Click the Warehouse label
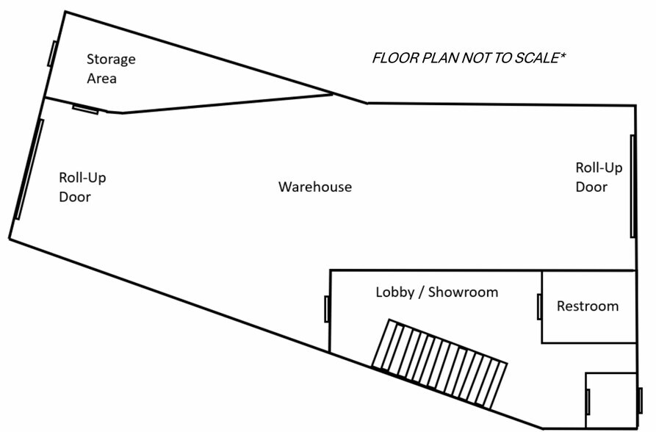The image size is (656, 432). tap(314, 187)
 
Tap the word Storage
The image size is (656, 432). tap(111, 60)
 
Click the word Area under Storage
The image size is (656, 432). tap(101, 78)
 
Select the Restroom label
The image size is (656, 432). tap(588, 306)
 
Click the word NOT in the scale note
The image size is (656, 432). tap(476, 58)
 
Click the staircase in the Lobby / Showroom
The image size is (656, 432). tap(439, 364)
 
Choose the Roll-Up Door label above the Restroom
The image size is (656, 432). tap(598, 177)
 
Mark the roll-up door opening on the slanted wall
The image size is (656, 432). tap(29, 169)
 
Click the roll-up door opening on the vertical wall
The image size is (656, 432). tap(632, 186)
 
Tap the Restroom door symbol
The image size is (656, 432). tap(539, 306)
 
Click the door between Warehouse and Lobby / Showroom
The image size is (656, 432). tap(327, 309)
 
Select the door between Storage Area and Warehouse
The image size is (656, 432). tap(86, 109)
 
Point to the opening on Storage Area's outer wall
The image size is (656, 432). tap(52, 54)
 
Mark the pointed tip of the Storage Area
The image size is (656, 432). tap(332, 93)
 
